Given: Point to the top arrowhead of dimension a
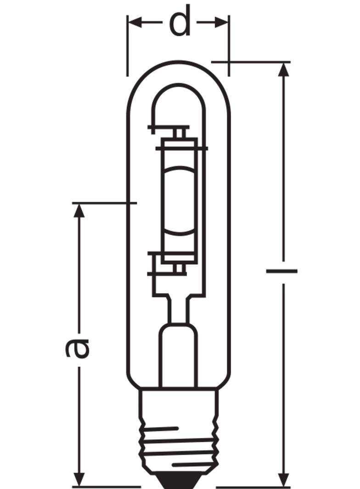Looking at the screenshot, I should pos(80,211).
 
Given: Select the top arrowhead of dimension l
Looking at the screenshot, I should pos(284,70).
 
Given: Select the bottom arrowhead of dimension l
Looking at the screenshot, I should pos(284,478).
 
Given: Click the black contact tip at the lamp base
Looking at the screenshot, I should pos(179,482).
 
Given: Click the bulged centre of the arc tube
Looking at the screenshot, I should pos(179,202).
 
